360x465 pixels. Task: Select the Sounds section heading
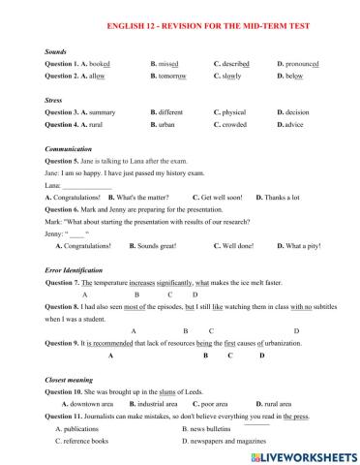[x=57, y=49]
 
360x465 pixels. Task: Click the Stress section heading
[x=55, y=100]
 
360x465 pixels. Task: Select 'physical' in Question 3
[x=233, y=112]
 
